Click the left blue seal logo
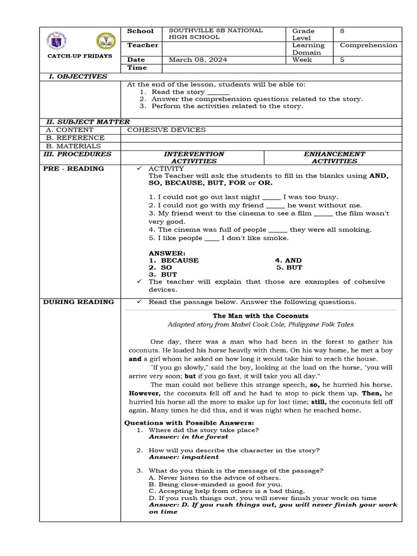(57, 41)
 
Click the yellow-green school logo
(105, 41)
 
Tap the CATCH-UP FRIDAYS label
(80, 56)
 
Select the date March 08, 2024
(198, 60)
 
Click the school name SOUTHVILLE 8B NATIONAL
(216, 30)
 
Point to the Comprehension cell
(368, 45)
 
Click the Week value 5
(342, 60)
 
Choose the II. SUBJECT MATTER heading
(87, 122)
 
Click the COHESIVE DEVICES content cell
(166, 130)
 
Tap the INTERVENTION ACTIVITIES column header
(194, 157)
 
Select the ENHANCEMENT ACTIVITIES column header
(334, 157)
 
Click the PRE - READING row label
(73, 169)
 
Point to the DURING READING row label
(79, 302)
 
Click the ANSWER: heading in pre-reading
(167, 253)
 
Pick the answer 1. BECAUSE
(174, 260)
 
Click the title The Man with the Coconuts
(260, 315)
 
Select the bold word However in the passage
(144, 393)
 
